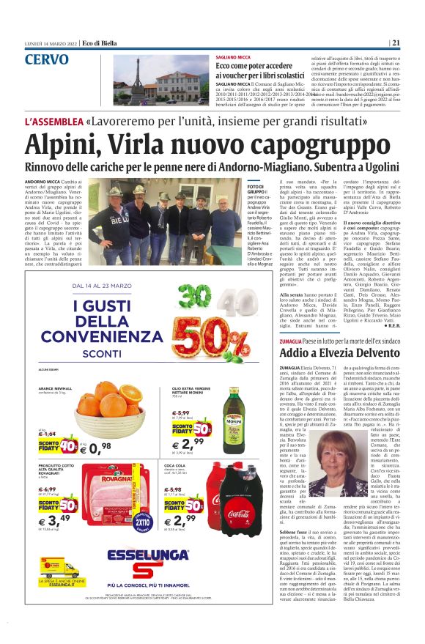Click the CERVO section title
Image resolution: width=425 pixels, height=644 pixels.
(x=47, y=59)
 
